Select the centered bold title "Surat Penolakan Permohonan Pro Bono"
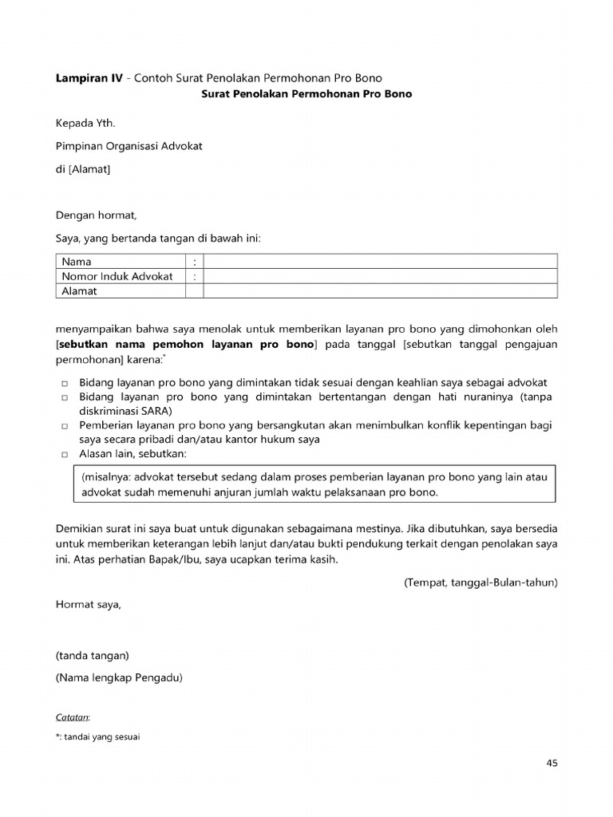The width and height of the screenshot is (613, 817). [306, 93]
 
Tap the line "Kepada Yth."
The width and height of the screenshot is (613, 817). [90, 124]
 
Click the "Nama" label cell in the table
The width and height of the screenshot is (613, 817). [77, 262]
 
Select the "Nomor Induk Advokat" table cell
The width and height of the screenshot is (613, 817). [117, 276]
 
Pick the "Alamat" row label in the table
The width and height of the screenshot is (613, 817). [80, 291]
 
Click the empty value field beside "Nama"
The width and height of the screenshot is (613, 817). [380, 262]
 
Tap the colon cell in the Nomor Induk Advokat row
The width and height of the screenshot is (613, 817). [194, 276]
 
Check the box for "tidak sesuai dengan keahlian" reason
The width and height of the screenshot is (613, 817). [65, 384]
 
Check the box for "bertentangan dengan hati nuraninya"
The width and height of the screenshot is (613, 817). [65, 398]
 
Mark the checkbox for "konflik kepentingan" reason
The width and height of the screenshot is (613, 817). [65, 427]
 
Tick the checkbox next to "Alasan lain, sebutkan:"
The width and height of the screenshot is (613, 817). [65, 455]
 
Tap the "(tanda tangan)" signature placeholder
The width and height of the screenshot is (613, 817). [92, 656]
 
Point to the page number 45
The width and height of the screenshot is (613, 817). [552, 763]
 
